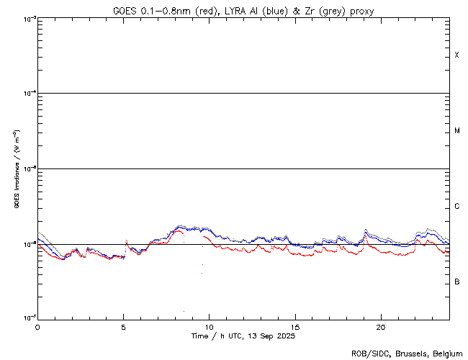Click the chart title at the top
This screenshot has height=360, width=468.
[243, 10]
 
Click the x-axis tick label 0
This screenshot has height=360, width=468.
[37, 326]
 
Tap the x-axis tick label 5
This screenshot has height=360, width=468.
[123, 326]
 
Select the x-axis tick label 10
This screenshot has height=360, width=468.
[209, 326]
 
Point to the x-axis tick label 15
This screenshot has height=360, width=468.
[294, 326]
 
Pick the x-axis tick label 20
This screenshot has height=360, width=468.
[380, 326]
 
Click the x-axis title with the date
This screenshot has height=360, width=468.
[243, 336]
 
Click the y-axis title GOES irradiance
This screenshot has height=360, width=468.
[16, 170]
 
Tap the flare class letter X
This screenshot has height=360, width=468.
[456, 55]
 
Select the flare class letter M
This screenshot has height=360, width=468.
[456, 131]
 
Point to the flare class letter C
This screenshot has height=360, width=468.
[456, 207]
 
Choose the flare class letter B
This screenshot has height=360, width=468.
[456, 282]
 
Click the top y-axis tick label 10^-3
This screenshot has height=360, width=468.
[28, 19]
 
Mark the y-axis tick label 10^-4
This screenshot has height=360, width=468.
[28, 94]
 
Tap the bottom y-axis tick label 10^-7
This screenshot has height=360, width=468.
[28, 318]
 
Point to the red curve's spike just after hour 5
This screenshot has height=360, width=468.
[127, 241]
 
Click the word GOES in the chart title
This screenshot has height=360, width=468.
[125, 10]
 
